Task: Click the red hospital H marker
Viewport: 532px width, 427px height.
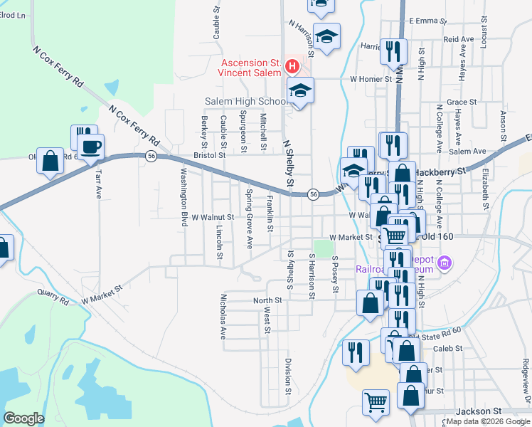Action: (x=292, y=67)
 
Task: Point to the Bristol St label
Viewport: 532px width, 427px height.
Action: (x=209, y=154)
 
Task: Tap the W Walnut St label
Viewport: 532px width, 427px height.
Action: (x=213, y=217)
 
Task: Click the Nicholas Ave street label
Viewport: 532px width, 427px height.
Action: (x=223, y=315)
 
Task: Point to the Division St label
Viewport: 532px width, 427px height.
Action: (x=288, y=376)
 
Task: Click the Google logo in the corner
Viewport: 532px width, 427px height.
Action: (x=23, y=418)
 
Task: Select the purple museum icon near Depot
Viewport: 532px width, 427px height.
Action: (x=446, y=263)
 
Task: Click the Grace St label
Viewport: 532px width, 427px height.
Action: (x=457, y=102)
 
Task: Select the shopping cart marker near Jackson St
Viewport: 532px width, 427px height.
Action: (x=376, y=401)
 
